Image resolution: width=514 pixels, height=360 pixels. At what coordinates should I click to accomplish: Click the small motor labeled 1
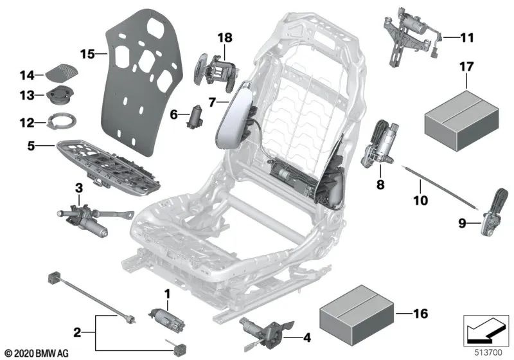[x=164, y=316]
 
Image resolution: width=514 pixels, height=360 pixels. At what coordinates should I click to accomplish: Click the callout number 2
[x=76, y=333]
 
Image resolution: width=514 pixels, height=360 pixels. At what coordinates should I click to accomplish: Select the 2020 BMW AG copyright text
[x=37, y=353]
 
